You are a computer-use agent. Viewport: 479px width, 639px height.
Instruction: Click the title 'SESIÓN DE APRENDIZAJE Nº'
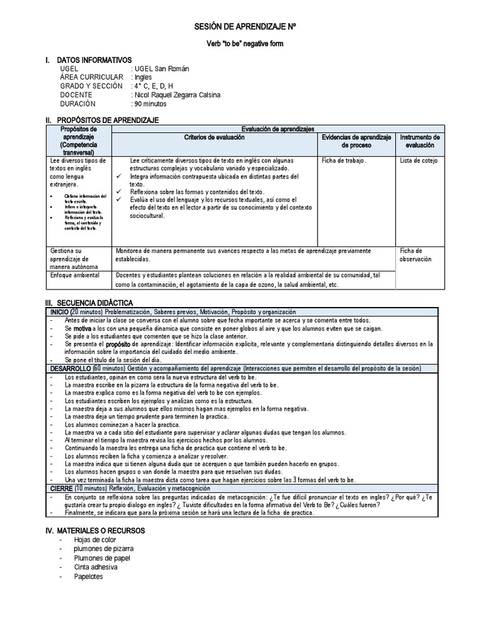244,28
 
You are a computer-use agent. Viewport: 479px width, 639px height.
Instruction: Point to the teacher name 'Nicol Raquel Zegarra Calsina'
177,95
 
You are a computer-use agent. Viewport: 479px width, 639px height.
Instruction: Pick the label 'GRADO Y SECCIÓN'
91,86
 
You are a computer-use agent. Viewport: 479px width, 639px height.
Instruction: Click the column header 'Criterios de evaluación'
215,137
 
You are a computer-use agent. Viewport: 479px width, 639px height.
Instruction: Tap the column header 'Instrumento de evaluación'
420,140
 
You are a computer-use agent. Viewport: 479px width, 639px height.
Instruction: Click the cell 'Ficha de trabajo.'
344,160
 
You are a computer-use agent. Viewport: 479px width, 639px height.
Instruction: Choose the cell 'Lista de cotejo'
419,160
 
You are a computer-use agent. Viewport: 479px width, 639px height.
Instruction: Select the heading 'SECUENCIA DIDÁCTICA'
95,303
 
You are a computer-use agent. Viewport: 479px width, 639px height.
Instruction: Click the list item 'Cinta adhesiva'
95,567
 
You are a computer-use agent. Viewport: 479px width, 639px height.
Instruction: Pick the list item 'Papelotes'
88,577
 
